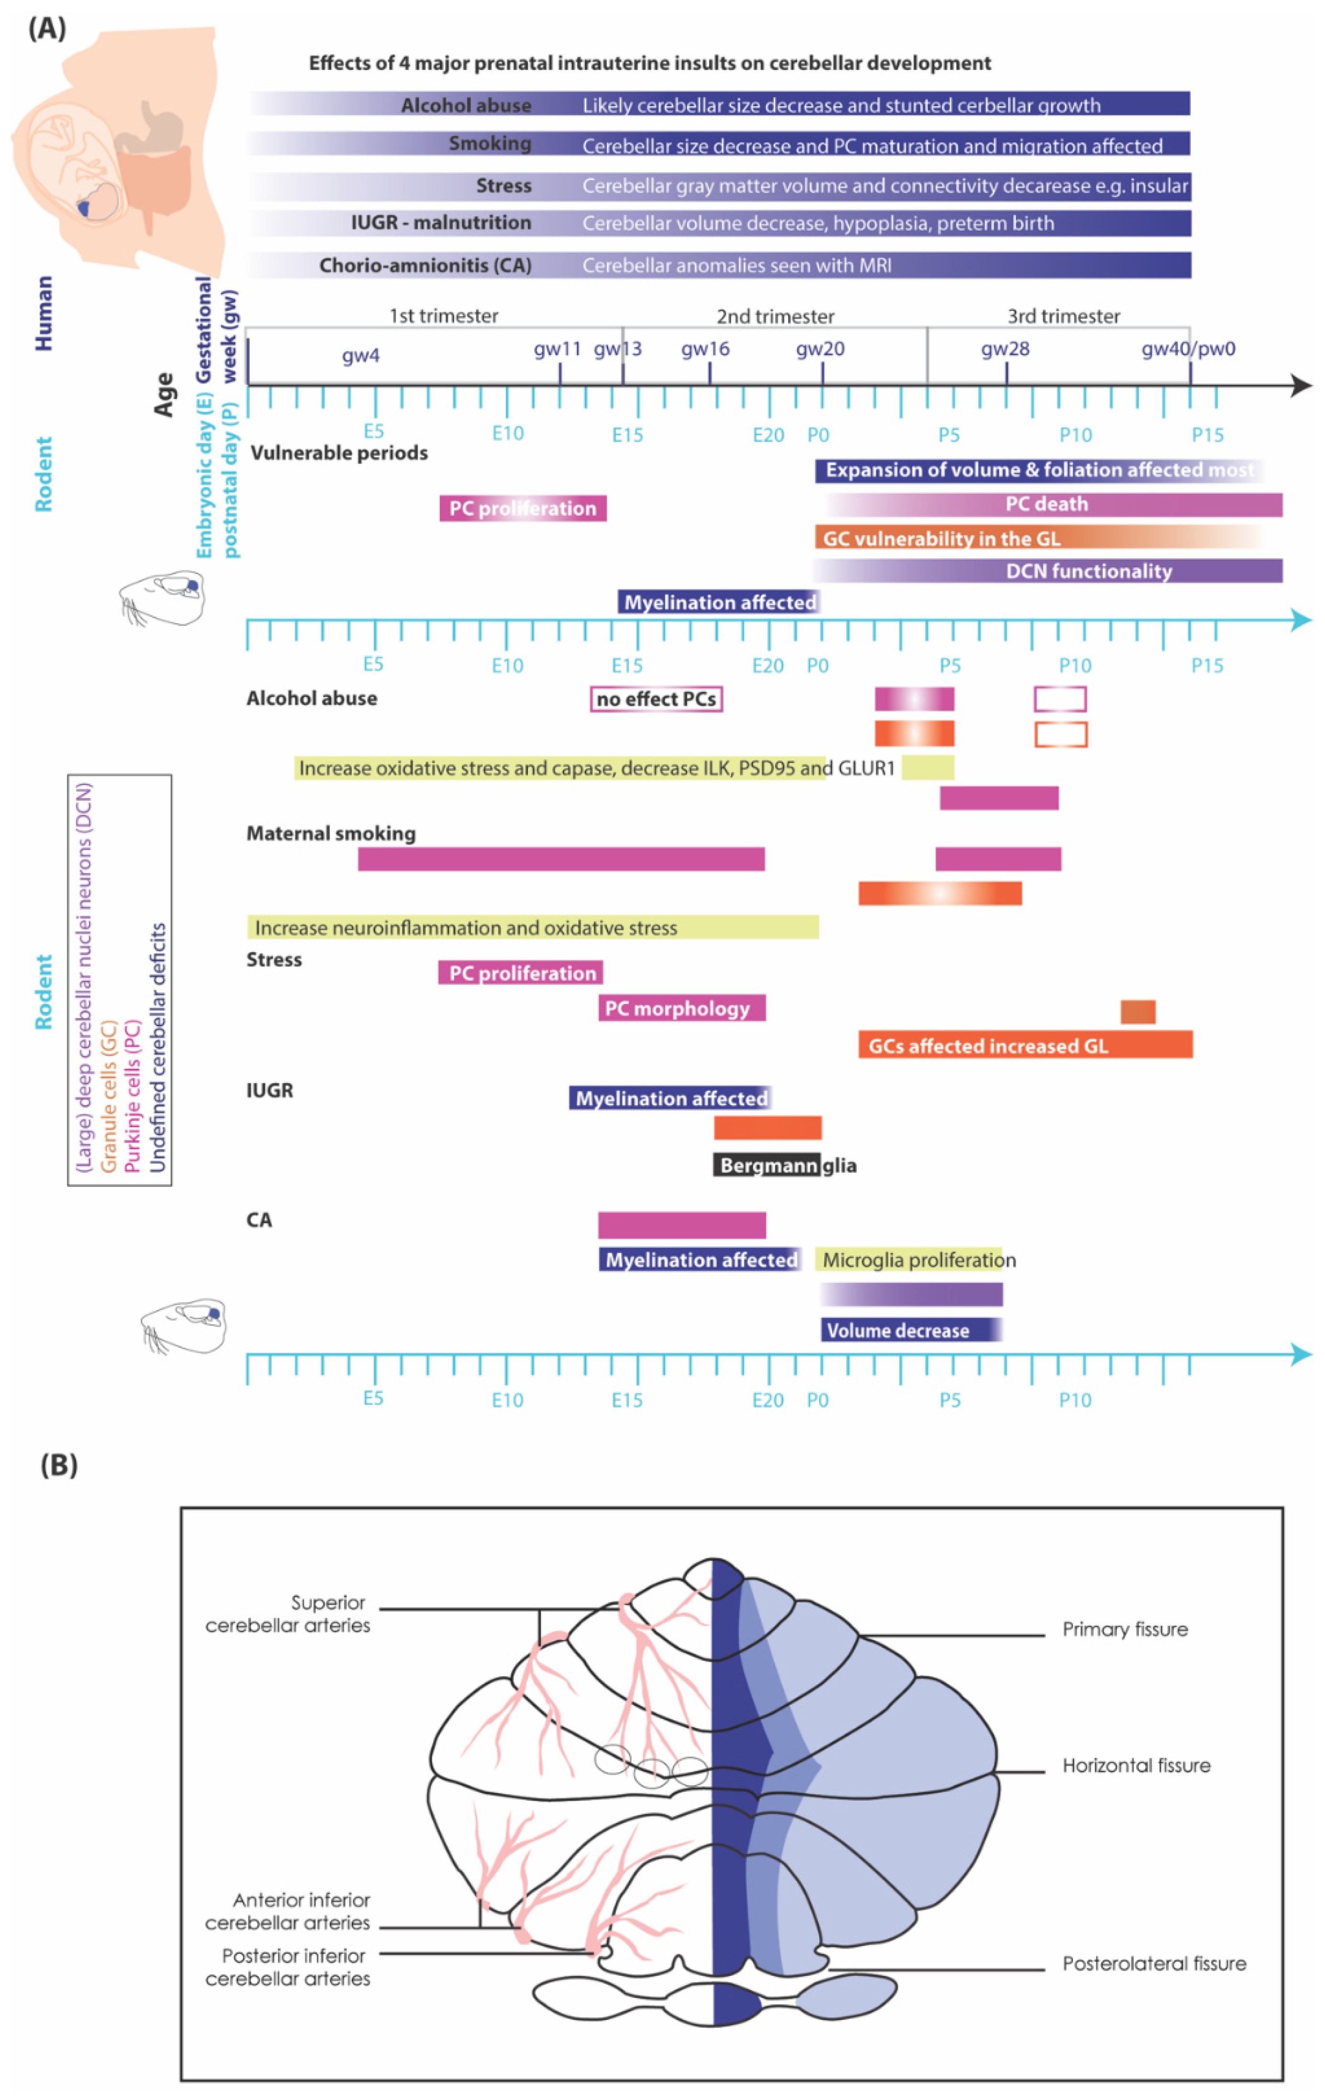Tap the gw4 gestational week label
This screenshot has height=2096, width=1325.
(360, 355)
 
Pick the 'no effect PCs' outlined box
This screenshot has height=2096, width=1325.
(656, 699)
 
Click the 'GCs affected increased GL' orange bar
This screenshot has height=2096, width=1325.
(1025, 1045)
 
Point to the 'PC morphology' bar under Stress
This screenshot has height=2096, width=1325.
(681, 1008)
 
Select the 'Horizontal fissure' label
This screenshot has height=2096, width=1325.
(1135, 1765)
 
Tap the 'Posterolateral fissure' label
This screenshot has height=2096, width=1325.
(1154, 1963)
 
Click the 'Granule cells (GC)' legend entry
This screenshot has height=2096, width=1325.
(109, 1097)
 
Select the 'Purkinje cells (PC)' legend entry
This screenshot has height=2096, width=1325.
(132, 1097)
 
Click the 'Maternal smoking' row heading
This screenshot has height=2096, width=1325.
(330, 833)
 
